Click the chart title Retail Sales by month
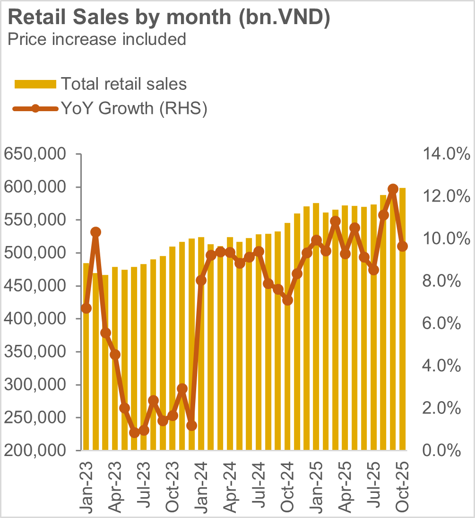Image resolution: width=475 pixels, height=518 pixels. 169,18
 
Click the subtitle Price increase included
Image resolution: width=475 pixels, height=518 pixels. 97,39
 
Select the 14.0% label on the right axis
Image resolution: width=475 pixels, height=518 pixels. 441,154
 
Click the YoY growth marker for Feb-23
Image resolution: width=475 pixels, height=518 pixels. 95,232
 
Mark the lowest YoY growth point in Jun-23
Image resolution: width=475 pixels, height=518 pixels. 134,432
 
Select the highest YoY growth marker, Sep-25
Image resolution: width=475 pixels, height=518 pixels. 393,189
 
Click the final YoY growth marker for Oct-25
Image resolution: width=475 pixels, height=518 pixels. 402,246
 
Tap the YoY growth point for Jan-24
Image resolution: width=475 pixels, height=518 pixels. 201,281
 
